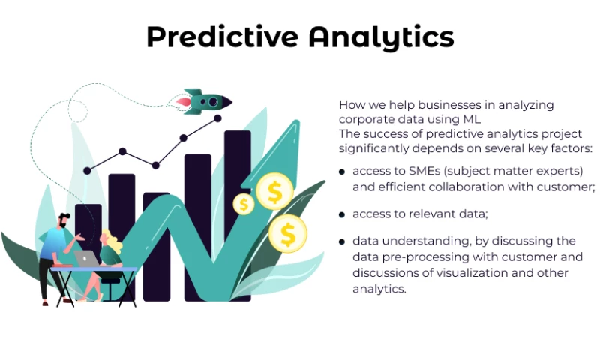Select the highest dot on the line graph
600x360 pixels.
point(218,118)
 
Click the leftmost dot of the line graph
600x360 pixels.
point(87,171)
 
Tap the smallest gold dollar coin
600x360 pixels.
point(243,203)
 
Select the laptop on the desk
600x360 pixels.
point(86,259)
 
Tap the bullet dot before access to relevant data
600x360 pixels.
point(342,214)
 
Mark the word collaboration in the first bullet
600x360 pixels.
point(458,187)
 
